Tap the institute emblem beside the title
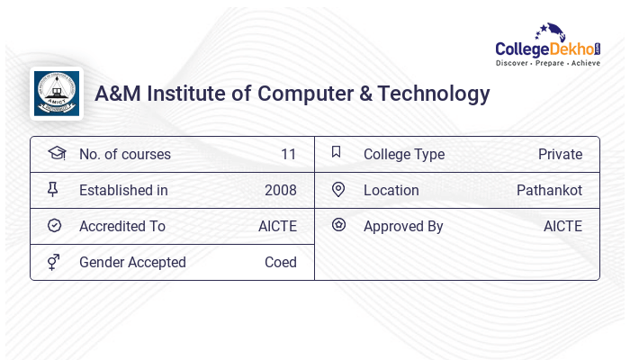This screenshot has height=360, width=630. coord(57,94)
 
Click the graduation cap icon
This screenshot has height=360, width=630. coord(56,153)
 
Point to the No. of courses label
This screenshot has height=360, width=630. coord(124,154)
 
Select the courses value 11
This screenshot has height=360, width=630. coord(288,154)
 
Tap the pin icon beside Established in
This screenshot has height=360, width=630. coord(53,189)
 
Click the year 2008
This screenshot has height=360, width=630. coord(280,190)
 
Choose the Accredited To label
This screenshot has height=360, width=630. coord(121,226)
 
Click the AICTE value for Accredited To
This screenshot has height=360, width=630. coord(277,226)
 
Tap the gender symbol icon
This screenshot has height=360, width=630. coord(53,262)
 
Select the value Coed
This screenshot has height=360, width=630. coord(280,262)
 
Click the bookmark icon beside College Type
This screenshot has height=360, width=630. coord(336,152)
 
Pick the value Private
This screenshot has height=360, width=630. coord(560,154)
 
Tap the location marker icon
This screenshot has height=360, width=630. coord(338,189)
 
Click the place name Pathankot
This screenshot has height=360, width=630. coord(549,190)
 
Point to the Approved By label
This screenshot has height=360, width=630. coord(403,226)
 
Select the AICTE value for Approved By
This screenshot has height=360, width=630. coord(562,226)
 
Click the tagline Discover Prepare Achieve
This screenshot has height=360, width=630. coord(547,64)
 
